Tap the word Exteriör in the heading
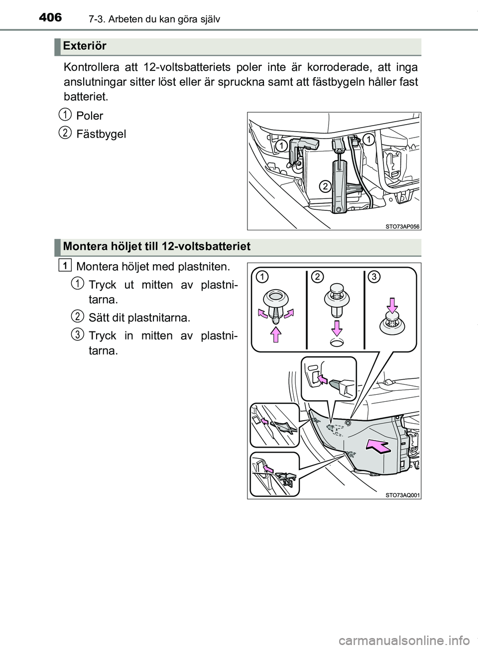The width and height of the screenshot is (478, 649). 85,46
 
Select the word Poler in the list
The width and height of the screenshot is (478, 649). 90,116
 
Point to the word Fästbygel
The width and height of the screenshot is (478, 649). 101,134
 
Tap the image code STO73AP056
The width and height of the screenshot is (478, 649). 402,226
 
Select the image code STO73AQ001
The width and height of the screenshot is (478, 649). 402,495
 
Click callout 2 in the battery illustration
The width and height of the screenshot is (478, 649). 324,186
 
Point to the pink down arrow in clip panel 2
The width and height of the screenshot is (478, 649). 337,328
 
